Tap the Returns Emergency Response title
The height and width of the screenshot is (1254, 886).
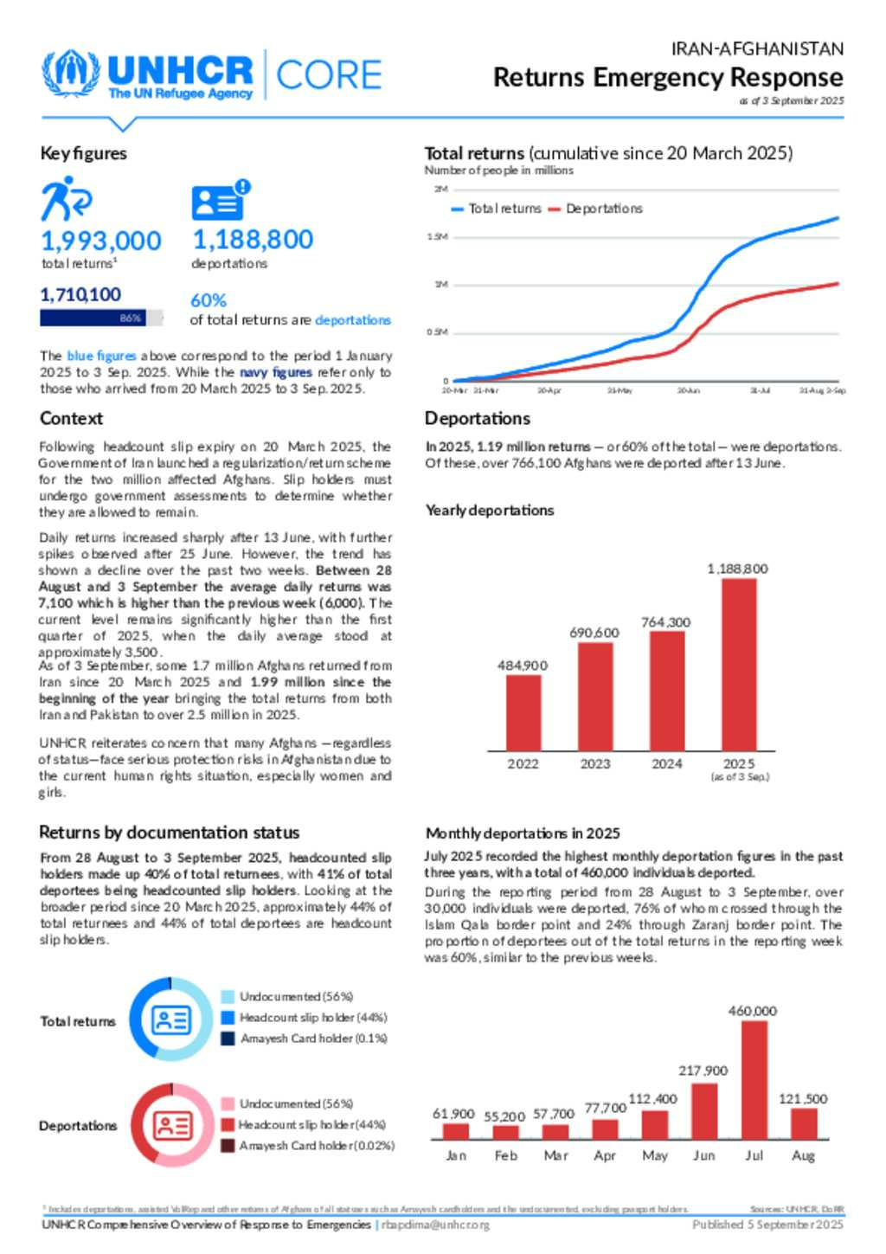pyautogui.click(x=667, y=78)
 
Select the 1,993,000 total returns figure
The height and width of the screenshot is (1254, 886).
pyautogui.click(x=101, y=241)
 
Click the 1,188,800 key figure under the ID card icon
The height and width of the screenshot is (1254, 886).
pyautogui.click(x=253, y=240)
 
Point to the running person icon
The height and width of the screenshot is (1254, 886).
pyautogui.click(x=65, y=198)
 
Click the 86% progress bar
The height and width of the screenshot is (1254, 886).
pyautogui.click(x=101, y=318)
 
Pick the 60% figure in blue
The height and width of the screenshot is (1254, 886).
pyautogui.click(x=209, y=300)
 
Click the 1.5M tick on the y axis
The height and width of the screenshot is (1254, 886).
pyautogui.click(x=437, y=237)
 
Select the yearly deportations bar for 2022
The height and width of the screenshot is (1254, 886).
pyautogui.click(x=523, y=711)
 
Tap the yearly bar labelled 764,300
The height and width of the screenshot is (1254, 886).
pyautogui.click(x=667, y=690)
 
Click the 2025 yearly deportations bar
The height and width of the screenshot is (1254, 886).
pyautogui.click(x=739, y=664)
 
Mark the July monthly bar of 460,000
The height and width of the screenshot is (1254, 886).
pyautogui.click(x=754, y=1079)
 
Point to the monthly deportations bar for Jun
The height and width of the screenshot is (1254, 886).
pyautogui.click(x=704, y=1110)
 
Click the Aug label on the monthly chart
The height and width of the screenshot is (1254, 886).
pyautogui.click(x=803, y=1155)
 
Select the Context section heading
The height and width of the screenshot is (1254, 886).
pyautogui.click(x=71, y=419)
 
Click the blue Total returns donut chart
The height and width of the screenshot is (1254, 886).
pyautogui.click(x=170, y=1020)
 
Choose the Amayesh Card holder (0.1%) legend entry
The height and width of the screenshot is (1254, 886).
pyautogui.click(x=304, y=1039)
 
